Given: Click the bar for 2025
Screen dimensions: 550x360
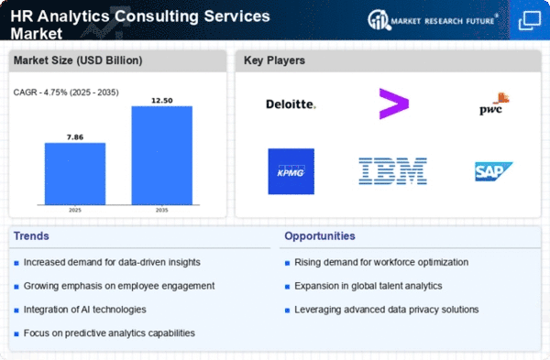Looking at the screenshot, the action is pos(75,173).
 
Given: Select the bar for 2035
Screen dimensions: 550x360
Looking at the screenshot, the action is pos(162,156).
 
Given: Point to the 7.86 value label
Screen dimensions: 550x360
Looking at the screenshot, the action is pos(75,137).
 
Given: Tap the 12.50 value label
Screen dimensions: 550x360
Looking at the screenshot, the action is pos(162,101).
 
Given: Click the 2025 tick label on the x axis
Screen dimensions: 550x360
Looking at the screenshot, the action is pos(75,211).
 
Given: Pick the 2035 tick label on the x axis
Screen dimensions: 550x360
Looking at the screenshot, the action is pos(162,211).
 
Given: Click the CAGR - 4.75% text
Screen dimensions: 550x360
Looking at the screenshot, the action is pos(40,93).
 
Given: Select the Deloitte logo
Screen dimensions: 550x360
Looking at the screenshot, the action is pos(291,104).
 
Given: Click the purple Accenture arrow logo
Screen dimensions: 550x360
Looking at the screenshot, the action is pos(394,104).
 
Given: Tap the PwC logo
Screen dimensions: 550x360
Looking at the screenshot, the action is pos(494,104).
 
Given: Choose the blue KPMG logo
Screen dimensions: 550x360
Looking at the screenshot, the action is pos(291,171).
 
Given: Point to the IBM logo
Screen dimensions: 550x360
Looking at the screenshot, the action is pos(393,171).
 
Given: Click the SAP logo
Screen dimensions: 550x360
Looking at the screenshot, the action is pos(493,171).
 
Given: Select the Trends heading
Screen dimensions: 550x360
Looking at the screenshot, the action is pos(31,236).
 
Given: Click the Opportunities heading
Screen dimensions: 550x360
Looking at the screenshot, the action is pos(320,236).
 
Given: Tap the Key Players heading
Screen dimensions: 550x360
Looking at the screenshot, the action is pos(274,60).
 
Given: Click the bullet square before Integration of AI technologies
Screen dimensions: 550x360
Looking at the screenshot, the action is pos(16,311).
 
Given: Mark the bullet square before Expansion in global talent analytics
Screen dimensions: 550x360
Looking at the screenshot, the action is pos(287,287).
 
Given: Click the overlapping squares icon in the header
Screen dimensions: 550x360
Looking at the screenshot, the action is pos(530,20).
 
